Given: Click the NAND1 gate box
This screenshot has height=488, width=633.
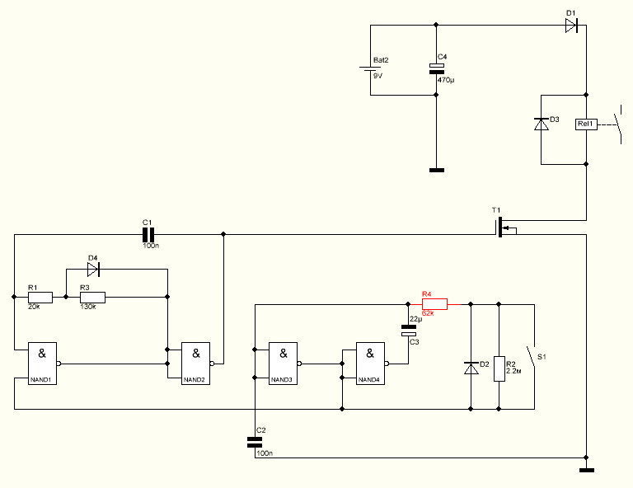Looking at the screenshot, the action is (42, 364).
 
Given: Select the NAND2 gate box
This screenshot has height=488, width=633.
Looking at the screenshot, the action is (196, 364).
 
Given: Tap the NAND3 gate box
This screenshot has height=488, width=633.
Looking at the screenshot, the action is (284, 364).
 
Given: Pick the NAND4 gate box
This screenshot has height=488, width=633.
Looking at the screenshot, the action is (371, 364).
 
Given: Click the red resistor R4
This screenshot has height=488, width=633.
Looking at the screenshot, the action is (435, 304).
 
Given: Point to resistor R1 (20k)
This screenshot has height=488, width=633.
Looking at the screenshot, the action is (40, 297).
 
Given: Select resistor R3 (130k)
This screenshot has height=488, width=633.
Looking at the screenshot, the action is (93, 297).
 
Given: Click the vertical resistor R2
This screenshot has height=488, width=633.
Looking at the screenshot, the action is (499, 368).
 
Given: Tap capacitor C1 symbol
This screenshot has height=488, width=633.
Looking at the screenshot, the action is (148, 234).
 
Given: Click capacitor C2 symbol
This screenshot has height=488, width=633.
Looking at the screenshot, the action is (255, 443).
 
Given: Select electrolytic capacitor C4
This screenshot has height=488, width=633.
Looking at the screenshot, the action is (436, 68).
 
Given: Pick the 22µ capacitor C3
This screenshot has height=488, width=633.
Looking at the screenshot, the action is (409, 331).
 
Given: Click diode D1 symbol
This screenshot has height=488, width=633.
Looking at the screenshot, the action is (571, 26).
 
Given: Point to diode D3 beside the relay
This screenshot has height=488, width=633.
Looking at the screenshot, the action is (542, 124).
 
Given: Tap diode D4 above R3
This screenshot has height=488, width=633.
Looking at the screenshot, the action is (93, 270).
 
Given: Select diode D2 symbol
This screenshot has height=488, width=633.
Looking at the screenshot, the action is (471, 368).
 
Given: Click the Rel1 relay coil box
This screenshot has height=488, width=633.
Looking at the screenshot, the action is (586, 124).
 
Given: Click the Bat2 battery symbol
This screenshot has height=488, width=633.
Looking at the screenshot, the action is (371, 68).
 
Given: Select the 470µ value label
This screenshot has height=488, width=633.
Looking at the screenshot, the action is (446, 80).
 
